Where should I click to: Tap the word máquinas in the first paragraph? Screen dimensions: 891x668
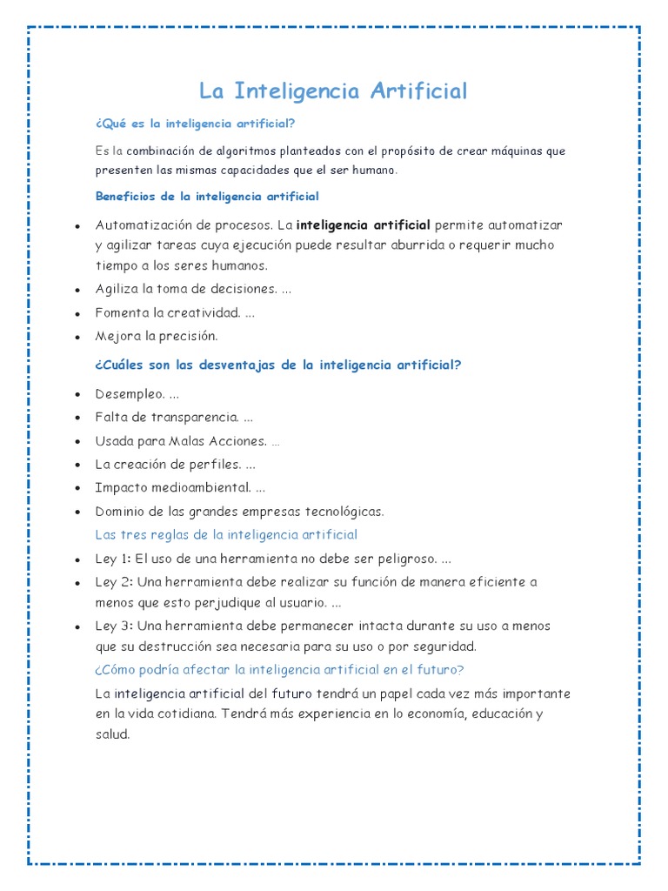[x=513, y=151]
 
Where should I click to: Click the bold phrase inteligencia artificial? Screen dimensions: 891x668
[x=364, y=224]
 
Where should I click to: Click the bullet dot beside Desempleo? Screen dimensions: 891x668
[x=77, y=396]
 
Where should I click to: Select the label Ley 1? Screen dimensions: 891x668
[x=113, y=559]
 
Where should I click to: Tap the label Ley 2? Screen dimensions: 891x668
[x=113, y=582]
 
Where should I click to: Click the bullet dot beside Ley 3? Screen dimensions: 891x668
[x=77, y=627]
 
